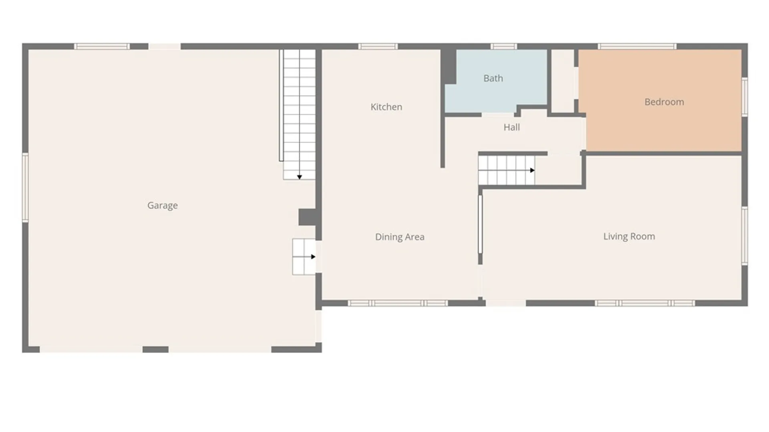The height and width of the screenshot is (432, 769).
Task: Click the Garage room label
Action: [163, 206]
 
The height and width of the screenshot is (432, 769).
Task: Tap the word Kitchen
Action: [386, 107]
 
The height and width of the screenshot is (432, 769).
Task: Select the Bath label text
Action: [493, 78]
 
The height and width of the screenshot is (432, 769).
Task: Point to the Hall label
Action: [511, 127]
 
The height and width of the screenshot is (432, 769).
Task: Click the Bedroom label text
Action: [664, 102]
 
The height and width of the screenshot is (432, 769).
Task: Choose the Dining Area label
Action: [400, 237]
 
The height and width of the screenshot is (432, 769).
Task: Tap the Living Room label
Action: [629, 236]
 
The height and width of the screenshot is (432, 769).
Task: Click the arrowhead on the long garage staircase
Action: [299, 177]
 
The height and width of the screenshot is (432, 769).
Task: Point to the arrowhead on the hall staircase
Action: [532, 170]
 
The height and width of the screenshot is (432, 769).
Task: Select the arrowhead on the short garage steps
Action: [313, 257]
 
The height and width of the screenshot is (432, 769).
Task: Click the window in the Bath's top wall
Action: [504, 46]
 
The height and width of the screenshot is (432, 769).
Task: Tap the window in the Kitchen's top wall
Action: [378, 46]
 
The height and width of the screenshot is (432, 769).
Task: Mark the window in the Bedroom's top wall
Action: [637, 46]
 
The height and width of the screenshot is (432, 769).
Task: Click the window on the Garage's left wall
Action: [25, 187]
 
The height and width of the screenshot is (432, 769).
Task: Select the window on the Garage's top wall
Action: [102, 46]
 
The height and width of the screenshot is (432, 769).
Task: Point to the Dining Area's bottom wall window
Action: [397, 303]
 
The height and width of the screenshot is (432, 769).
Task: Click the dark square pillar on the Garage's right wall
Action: [308, 217]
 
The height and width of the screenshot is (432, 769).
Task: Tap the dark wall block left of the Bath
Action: [449, 66]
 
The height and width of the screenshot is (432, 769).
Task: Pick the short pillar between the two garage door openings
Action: [155, 350]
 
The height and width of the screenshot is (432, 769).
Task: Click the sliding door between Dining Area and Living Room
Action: [480, 224]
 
